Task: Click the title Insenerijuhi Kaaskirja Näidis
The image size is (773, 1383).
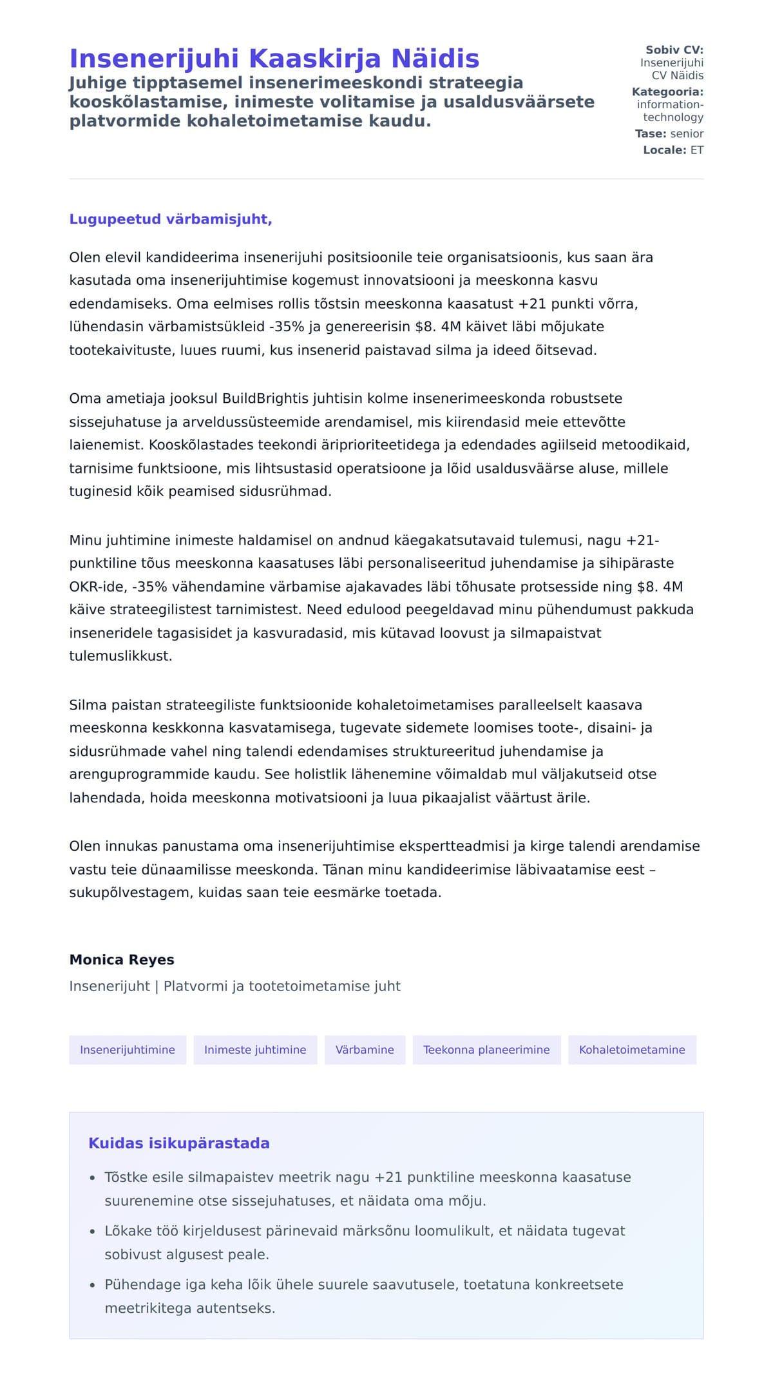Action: click(x=274, y=59)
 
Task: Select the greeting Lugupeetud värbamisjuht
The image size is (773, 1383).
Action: click(x=171, y=219)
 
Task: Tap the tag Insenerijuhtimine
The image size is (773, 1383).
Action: click(x=128, y=1050)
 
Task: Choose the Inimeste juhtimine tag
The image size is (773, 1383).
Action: click(x=255, y=1050)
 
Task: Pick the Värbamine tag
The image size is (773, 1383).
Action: click(x=365, y=1050)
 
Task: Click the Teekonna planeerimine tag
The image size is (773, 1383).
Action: click(x=486, y=1050)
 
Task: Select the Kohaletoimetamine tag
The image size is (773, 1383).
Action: click(x=632, y=1050)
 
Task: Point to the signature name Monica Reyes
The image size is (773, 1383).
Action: click(x=122, y=960)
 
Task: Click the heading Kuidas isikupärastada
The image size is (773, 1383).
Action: click(x=179, y=1143)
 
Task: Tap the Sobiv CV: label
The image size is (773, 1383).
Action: click(x=674, y=50)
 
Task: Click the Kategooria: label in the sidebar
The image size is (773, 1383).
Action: click(x=667, y=92)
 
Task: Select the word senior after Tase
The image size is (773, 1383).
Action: click(x=687, y=133)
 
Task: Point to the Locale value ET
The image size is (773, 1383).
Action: click(x=697, y=150)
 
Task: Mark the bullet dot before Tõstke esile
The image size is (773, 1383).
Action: click(x=92, y=1178)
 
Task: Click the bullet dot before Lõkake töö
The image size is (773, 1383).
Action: click(x=92, y=1232)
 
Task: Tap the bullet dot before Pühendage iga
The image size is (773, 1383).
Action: click(x=92, y=1285)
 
